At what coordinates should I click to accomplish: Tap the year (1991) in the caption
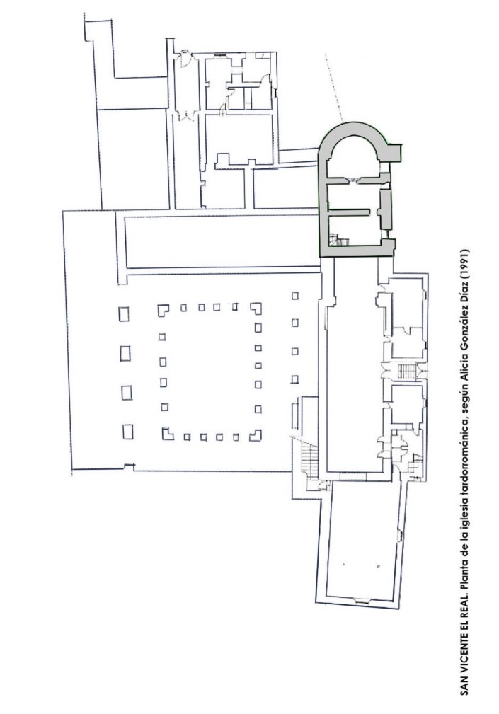coord(464,265)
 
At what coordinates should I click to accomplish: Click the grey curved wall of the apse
coord(354,129)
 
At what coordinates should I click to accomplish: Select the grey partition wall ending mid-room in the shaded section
coord(348,211)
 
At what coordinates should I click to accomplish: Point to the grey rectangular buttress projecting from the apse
coord(394,152)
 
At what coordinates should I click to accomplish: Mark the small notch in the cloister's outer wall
coord(130,467)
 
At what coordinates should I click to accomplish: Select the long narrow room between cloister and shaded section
coord(222,242)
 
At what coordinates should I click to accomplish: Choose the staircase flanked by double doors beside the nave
coord(406,370)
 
